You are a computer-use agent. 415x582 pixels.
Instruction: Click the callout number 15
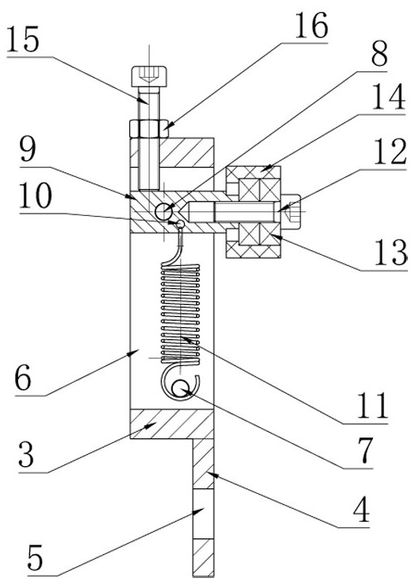(23, 40)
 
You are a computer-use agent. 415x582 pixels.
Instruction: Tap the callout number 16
(311, 25)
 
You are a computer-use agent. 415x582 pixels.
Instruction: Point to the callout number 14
(389, 97)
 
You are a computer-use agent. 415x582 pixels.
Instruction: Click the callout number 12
(390, 152)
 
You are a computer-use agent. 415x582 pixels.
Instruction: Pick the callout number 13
(390, 252)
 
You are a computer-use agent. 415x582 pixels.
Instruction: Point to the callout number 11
(372, 406)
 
